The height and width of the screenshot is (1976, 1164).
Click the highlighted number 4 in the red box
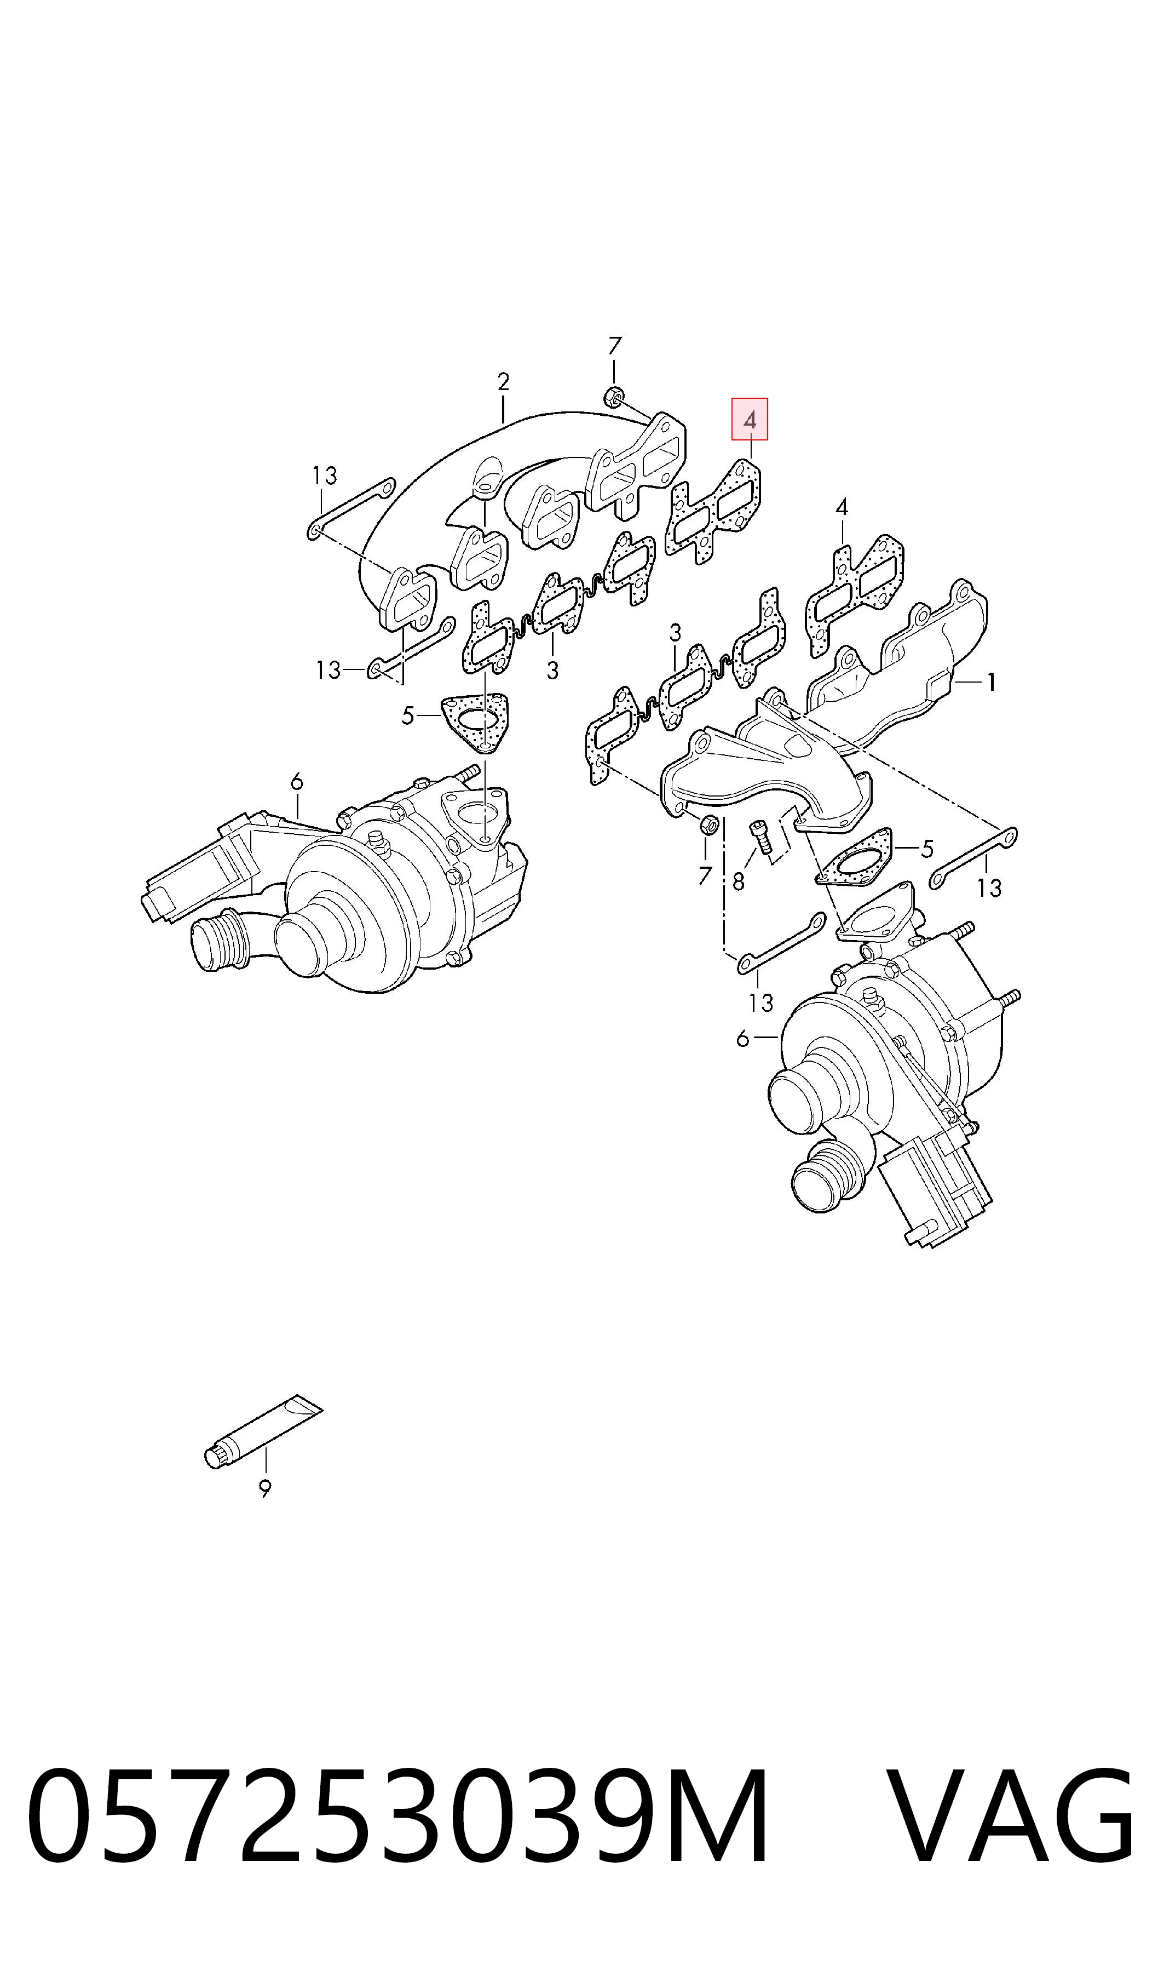coord(750,420)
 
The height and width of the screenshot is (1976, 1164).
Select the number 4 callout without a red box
coord(842,507)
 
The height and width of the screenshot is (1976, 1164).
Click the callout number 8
coord(738,882)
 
